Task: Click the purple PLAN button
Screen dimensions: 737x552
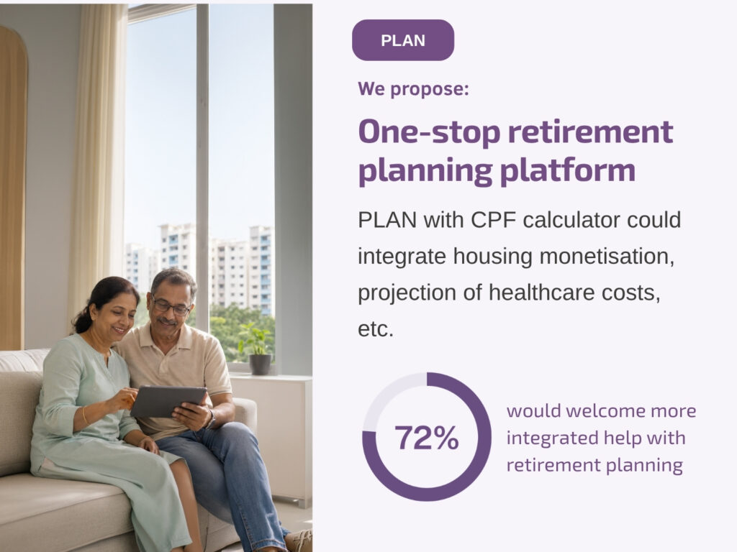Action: point(403,40)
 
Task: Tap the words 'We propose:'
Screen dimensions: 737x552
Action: point(413,88)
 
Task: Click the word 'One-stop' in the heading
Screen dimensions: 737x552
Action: point(429,132)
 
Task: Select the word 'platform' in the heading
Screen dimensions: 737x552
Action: point(567,170)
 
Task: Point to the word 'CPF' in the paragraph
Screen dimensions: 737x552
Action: point(494,220)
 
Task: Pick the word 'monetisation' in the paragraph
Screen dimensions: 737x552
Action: point(607,257)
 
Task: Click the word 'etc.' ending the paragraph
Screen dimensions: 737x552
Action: point(376,329)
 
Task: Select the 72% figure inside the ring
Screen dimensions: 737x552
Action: point(426,438)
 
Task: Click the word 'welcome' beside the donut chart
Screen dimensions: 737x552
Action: point(605,410)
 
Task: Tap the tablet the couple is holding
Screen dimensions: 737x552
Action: point(168,401)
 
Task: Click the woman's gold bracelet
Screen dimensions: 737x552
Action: point(85,415)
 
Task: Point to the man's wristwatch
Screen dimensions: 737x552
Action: point(211,419)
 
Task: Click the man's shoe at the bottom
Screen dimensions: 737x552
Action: point(299,540)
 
